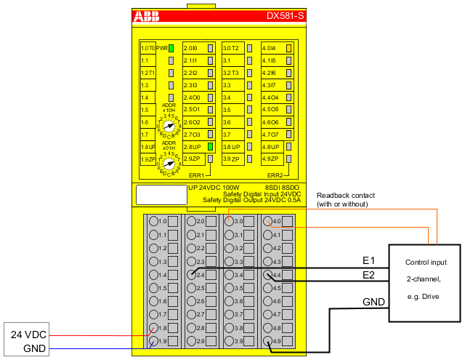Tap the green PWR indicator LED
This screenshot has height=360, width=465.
171,48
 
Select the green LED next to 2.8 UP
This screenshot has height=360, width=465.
209,146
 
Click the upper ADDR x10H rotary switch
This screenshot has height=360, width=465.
169,125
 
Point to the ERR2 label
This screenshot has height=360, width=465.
275,175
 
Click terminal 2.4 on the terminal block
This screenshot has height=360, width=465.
192,275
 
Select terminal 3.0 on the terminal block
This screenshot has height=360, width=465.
230,221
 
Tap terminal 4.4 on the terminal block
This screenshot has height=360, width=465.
268,275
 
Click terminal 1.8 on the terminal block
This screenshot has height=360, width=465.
153,329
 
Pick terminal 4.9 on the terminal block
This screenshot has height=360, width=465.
268,342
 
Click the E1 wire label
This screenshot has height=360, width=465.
369,260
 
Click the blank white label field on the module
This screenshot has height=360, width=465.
161,194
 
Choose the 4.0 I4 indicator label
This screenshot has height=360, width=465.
270,48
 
